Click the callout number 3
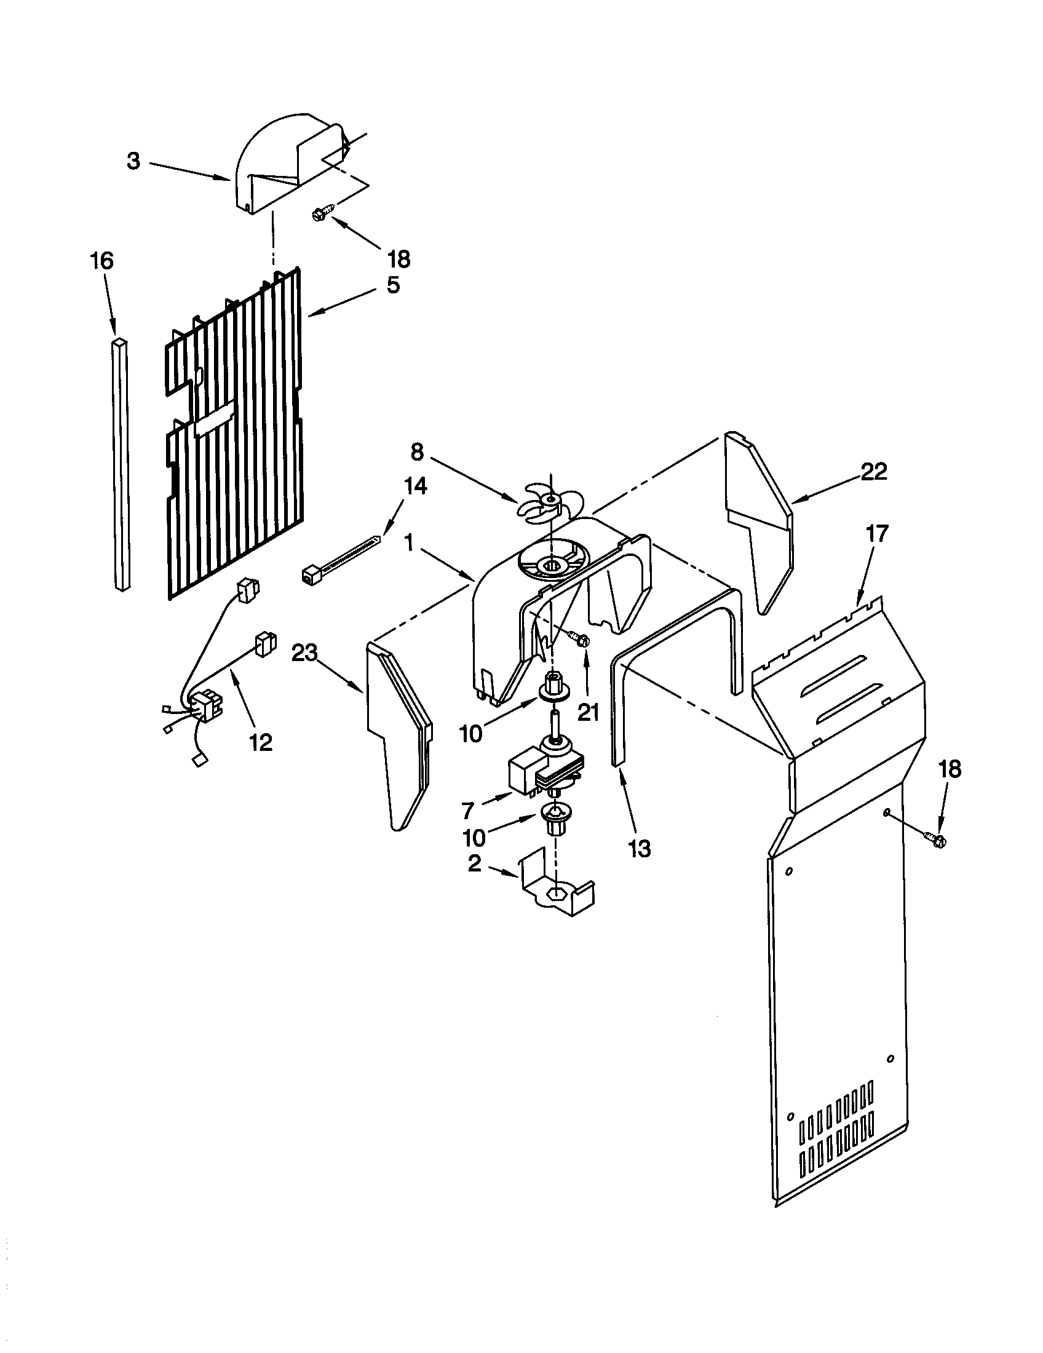click(134, 161)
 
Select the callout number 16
click(103, 261)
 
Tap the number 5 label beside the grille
click(394, 285)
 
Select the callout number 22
click(874, 472)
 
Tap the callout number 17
click(877, 533)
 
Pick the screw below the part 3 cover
click(321, 214)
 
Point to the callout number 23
click(305, 653)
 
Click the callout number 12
click(261, 742)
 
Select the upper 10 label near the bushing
click(470, 734)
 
